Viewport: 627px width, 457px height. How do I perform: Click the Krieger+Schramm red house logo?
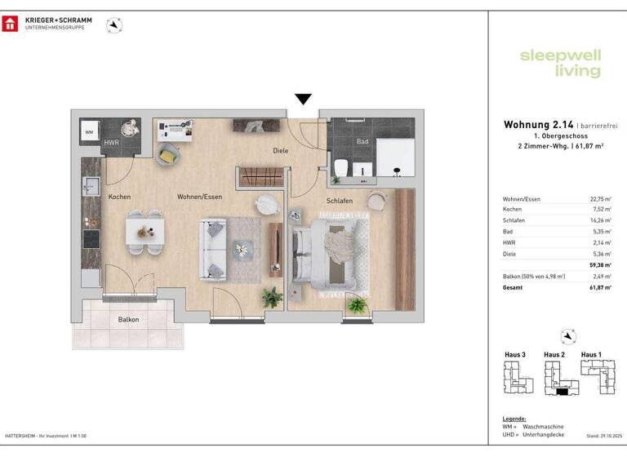click(x=11, y=24)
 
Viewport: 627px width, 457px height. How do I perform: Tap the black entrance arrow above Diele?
click(x=303, y=100)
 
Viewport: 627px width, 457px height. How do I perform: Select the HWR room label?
click(x=111, y=143)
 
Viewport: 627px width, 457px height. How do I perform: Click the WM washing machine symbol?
click(x=90, y=131)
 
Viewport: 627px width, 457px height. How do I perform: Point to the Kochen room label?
click(x=119, y=197)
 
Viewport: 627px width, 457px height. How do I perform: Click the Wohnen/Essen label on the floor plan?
click(x=200, y=197)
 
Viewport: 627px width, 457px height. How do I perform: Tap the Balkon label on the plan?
click(x=128, y=320)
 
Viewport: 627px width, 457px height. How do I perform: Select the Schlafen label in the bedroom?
click(x=340, y=200)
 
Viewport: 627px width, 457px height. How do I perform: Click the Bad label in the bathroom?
click(x=362, y=140)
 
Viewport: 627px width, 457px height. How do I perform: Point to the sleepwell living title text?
click(x=560, y=64)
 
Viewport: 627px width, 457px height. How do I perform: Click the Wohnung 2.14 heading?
click(x=531, y=125)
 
